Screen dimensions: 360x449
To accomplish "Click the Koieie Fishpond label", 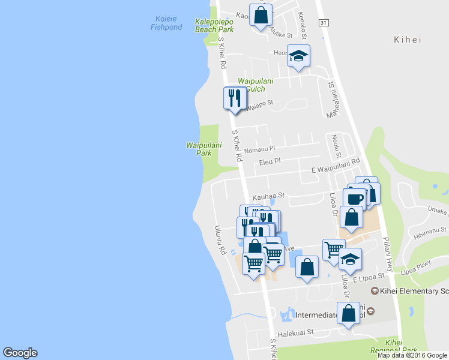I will pos(166,23).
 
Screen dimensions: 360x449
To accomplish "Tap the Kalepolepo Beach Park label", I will pos(214,25).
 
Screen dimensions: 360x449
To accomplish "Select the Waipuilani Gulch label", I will pos(259,85).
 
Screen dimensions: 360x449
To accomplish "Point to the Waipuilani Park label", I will pos(203,149).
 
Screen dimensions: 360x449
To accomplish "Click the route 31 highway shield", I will pos(324,22).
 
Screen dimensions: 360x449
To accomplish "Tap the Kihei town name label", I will pos(408,40).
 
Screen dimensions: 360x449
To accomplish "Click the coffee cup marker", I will pos(354,198).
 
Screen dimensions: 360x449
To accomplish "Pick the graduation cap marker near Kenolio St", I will pos(298,56).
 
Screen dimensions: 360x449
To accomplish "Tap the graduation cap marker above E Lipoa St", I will pos(350,259).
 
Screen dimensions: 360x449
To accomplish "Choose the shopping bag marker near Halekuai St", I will pos(349,314).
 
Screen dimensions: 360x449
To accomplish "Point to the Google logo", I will pos(20,353).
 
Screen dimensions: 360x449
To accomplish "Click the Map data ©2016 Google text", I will pos(412,355).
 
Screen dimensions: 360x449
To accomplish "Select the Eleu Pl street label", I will pos(270,161).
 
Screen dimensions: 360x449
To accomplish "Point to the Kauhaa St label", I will pos(268,196).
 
